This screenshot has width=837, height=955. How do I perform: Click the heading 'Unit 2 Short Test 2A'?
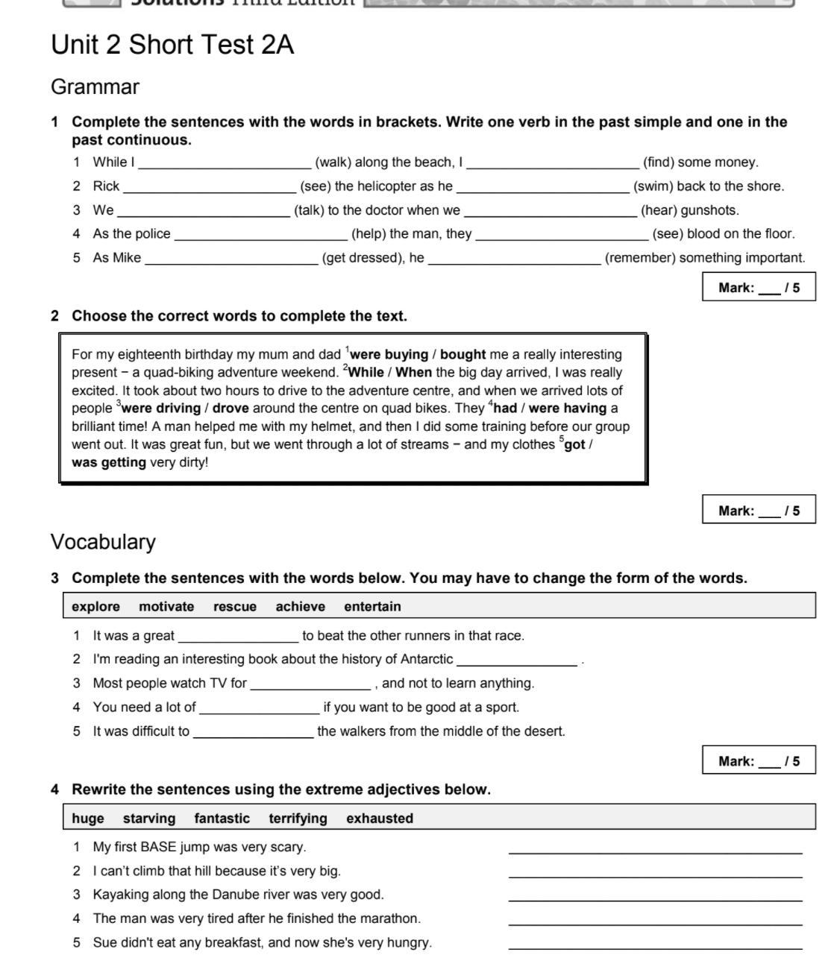(172, 45)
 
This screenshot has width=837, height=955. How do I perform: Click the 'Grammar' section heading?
(95, 87)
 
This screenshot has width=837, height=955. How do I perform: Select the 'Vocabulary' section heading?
(103, 542)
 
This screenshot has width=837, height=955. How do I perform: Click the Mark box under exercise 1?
(758, 288)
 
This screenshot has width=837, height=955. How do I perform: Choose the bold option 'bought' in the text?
(463, 355)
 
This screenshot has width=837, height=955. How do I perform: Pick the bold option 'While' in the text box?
(366, 373)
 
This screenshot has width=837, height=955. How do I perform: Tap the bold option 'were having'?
(567, 409)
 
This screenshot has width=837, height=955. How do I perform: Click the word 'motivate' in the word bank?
(166, 607)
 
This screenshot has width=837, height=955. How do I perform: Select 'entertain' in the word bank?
(372, 607)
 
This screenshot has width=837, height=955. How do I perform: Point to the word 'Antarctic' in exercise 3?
(426, 660)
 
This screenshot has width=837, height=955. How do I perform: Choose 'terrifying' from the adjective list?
(298, 819)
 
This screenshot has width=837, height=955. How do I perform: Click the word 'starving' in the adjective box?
(149, 819)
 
